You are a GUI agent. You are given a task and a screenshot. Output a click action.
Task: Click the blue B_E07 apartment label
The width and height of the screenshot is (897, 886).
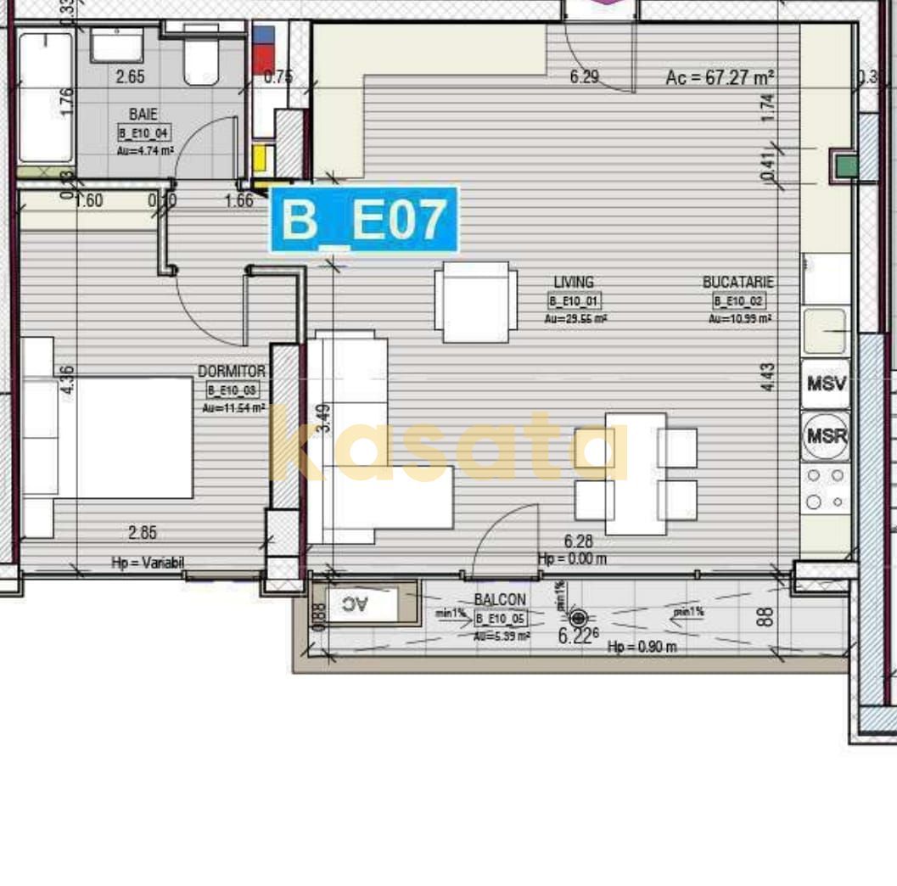click(364, 220)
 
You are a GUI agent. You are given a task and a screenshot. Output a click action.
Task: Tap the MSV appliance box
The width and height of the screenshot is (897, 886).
click(826, 383)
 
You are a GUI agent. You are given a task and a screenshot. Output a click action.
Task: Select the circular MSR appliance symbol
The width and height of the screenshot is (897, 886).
click(826, 435)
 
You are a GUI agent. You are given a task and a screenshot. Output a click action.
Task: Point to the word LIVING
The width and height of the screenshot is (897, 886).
click(574, 283)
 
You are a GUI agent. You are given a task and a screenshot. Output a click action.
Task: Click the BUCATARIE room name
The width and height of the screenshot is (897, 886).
click(738, 283)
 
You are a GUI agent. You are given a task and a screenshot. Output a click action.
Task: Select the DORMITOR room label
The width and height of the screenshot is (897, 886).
click(231, 372)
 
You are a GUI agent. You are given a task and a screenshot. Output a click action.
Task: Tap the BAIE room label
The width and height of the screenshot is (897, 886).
click(143, 115)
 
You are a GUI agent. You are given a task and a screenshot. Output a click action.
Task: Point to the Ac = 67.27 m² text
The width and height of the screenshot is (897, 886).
click(720, 78)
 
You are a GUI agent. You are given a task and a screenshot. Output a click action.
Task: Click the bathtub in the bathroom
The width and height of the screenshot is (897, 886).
click(45, 97)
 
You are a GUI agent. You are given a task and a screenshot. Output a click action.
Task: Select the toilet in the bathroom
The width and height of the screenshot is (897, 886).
click(201, 60)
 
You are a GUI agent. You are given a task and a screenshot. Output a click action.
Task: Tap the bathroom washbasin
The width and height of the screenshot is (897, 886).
click(117, 45)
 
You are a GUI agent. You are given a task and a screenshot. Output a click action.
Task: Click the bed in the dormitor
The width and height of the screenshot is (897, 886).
click(109, 437)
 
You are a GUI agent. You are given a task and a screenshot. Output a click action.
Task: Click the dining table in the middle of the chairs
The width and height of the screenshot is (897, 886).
click(636, 474)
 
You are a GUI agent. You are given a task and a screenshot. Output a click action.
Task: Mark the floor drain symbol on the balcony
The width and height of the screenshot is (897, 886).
click(579, 618)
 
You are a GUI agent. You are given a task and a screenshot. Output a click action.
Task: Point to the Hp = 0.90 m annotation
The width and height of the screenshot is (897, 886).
click(642, 648)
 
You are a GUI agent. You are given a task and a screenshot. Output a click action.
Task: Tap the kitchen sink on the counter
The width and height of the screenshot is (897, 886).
click(824, 330)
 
